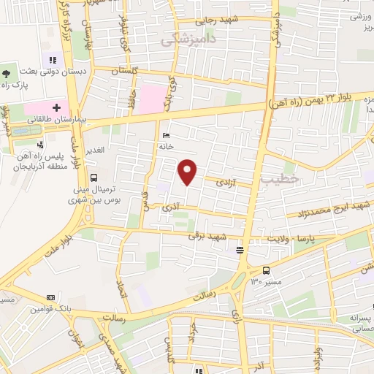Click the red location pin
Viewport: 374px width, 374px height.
[188, 172]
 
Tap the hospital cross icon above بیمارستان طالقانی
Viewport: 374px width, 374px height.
[57, 108]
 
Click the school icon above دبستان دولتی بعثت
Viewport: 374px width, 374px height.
[52, 61]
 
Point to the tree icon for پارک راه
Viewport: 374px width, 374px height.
[6, 73]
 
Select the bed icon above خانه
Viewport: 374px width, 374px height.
[166, 136]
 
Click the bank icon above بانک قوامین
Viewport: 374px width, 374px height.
[50, 298]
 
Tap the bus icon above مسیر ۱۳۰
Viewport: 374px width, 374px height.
[265, 270]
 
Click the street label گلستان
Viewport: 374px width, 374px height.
[126, 71]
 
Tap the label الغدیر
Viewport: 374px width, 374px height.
[96, 150]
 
